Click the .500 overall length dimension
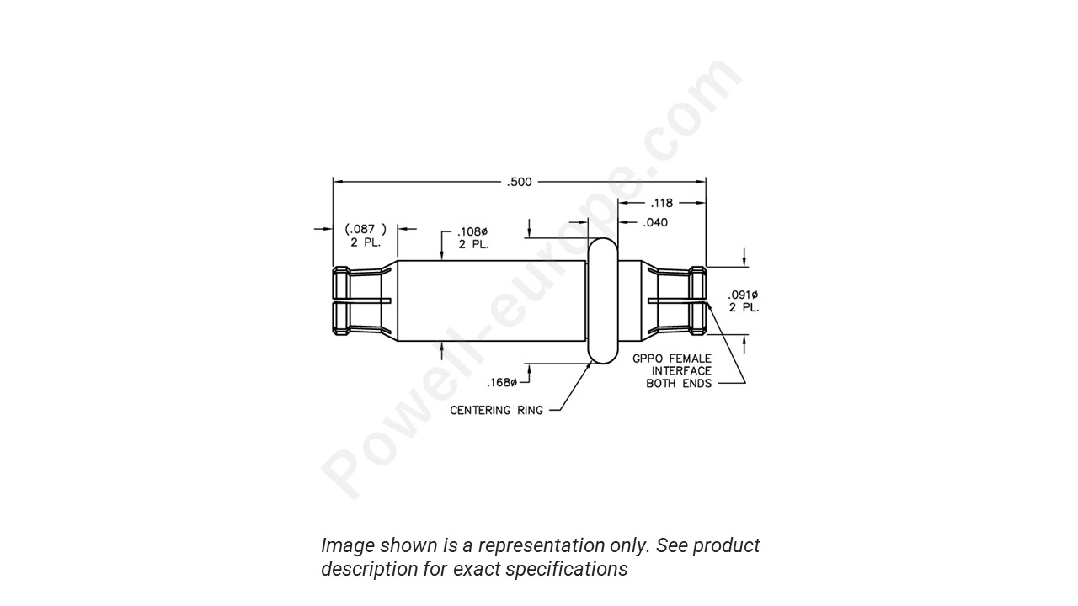[520, 182]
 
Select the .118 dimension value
[662, 203]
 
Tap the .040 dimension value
[655, 223]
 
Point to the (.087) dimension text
[366, 229]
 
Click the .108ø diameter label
[473, 232]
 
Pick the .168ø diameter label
[503, 383]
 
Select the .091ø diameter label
[744, 295]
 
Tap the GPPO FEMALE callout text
[672, 359]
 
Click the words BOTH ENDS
[679, 384]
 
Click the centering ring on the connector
[603, 300]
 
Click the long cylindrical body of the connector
[490, 300]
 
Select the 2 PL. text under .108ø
[473, 245]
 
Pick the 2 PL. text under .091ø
[744, 308]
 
